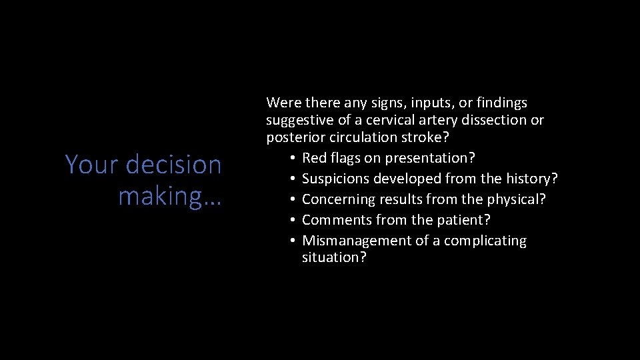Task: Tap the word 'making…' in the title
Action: [170, 197]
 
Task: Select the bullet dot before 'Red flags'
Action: [293, 159]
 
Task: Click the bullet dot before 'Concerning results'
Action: [293, 200]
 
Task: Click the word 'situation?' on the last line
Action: [334, 257]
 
